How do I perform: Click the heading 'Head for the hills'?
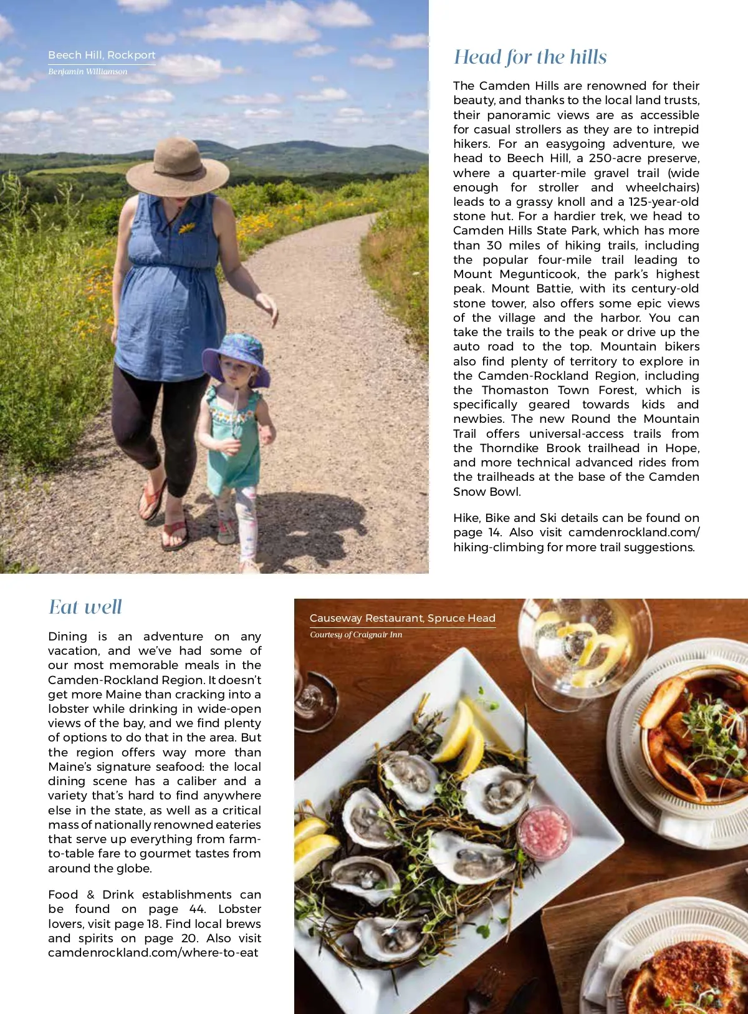click(x=530, y=57)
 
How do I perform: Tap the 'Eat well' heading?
click(x=85, y=607)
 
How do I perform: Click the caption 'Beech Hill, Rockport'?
click(x=102, y=55)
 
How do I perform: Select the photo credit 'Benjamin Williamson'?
click(x=88, y=72)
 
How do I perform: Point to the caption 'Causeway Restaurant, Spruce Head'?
click(x=402, y=618)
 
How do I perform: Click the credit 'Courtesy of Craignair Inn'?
click(x=356, y=635)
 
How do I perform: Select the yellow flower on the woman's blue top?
click(x=186, y=228)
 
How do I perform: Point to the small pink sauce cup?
click(x=544, y=832)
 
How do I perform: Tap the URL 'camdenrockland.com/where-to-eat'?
click(x=153, y=953)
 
